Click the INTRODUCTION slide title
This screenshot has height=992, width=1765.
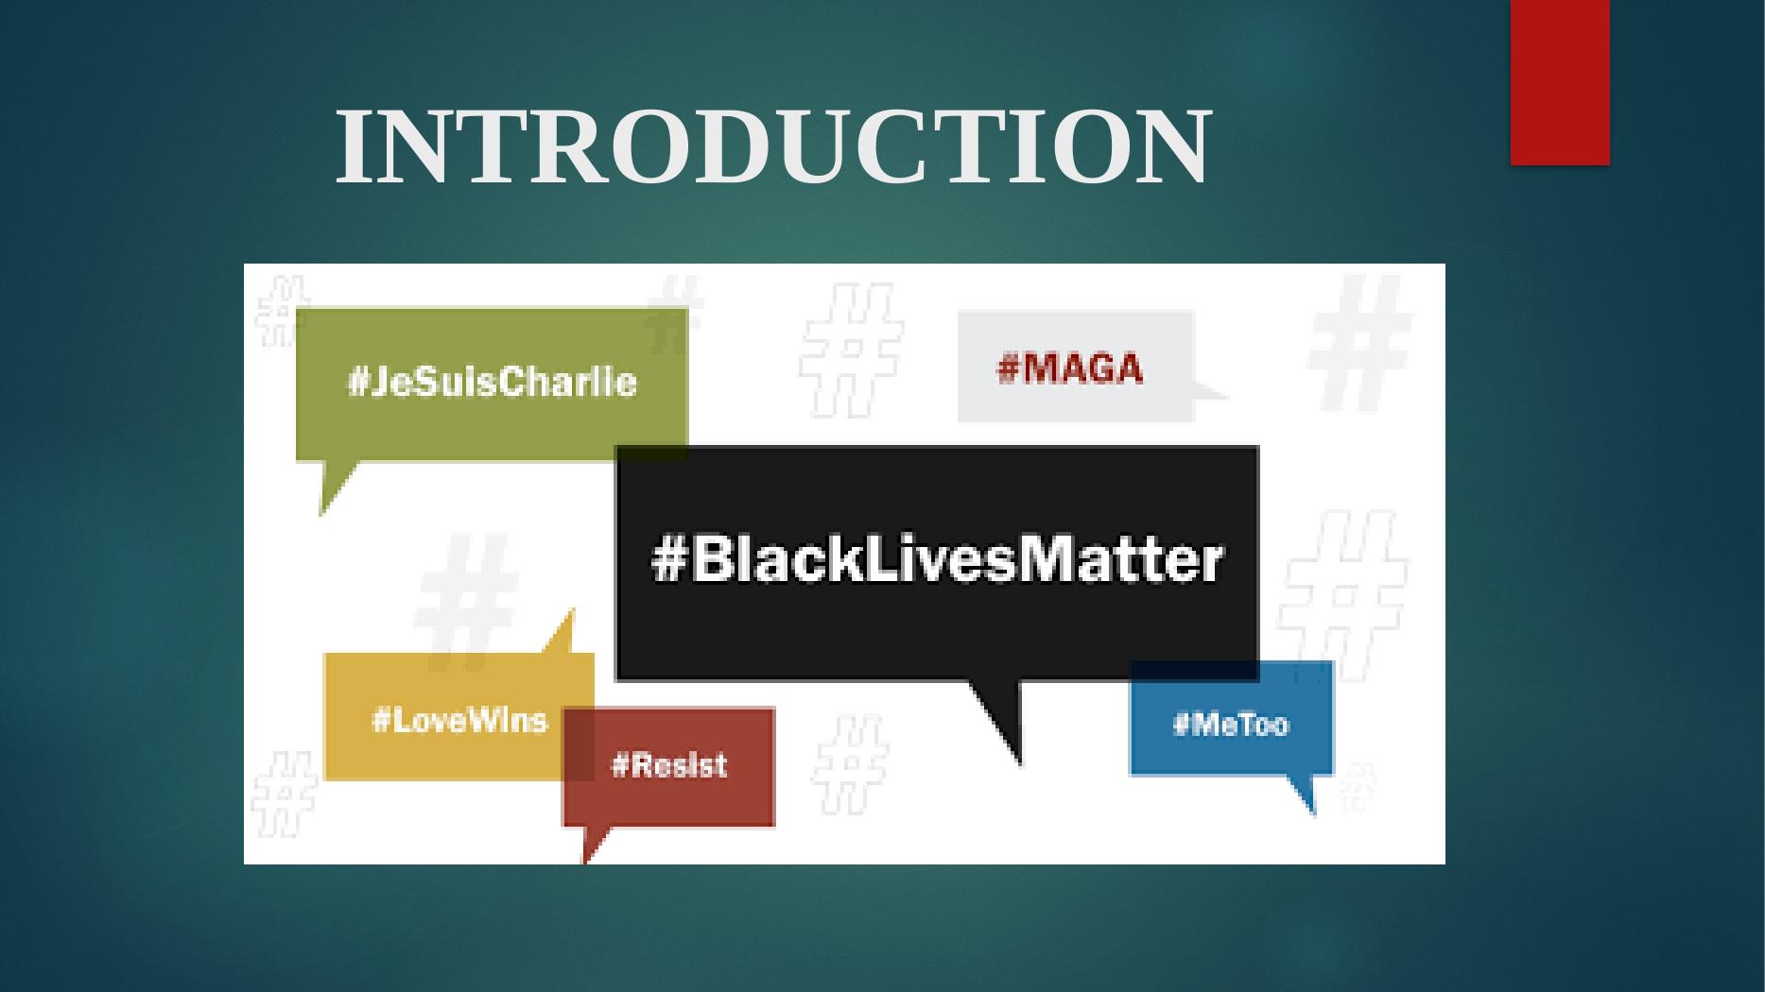coord(772,146)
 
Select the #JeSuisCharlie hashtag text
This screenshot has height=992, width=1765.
coord(493,383)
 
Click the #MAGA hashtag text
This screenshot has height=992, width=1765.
coord(1070,368)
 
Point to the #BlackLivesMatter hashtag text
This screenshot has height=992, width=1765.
coord(937,560)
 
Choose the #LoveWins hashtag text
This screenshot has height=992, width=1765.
coord(459,721)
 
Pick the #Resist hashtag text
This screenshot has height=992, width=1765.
coord(669,764)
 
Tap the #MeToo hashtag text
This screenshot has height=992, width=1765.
coord(1231,725)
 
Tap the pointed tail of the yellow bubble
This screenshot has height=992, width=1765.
coord(562,633)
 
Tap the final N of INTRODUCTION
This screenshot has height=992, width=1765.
coord(1174,146)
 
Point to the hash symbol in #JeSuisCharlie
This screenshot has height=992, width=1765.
coord(357,383)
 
